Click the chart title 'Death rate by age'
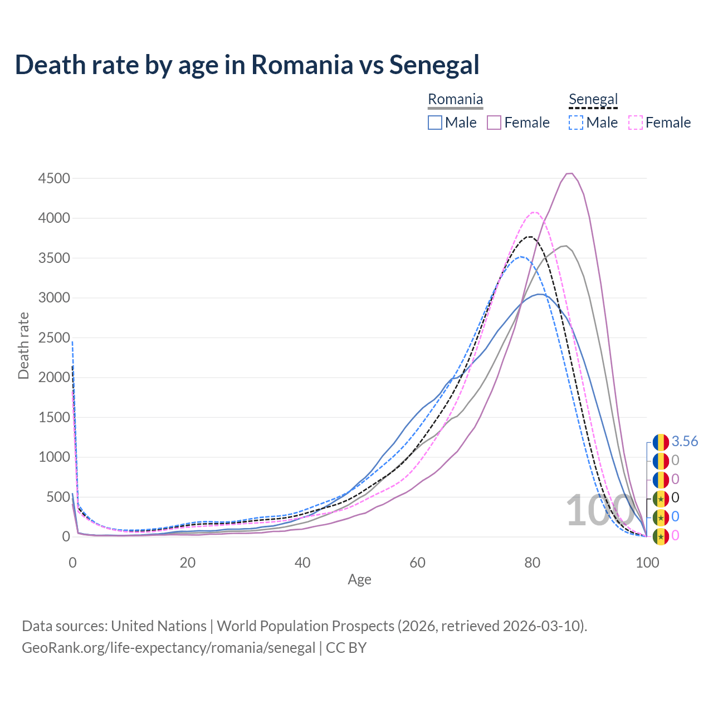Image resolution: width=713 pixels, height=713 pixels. pos(247,65)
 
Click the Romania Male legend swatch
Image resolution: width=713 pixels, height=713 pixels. pos(435,123)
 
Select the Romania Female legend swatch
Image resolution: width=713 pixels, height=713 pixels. pos(494,123)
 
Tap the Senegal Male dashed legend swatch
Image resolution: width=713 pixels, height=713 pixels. pos(576,123)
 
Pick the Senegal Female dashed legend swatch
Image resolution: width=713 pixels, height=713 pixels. pos(636,123)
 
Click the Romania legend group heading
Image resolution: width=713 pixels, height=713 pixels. pos(455,100)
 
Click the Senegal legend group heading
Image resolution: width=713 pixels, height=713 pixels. pos(593,100)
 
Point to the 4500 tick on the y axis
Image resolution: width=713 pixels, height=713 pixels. pos(54,178)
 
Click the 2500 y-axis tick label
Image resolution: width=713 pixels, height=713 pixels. pos(54,338)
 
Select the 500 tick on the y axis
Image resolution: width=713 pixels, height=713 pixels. pos(58,497)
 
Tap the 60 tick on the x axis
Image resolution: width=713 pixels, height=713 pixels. pos(417,563)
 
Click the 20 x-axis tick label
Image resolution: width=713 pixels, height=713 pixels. pos(187,563)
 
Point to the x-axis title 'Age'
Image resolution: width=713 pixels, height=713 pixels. pos(359,579)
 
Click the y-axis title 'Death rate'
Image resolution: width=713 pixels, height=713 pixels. pos(23,345)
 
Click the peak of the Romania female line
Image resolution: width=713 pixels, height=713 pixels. pos(569,173)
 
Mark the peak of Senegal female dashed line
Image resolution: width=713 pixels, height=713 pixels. pos(534,212)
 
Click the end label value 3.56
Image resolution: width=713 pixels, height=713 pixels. pos(685,441)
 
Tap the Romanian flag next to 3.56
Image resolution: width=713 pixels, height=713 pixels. pos(661,442)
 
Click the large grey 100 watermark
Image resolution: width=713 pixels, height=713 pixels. pos(593,510)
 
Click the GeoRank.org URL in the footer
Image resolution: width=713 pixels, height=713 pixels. pos(168,648)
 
